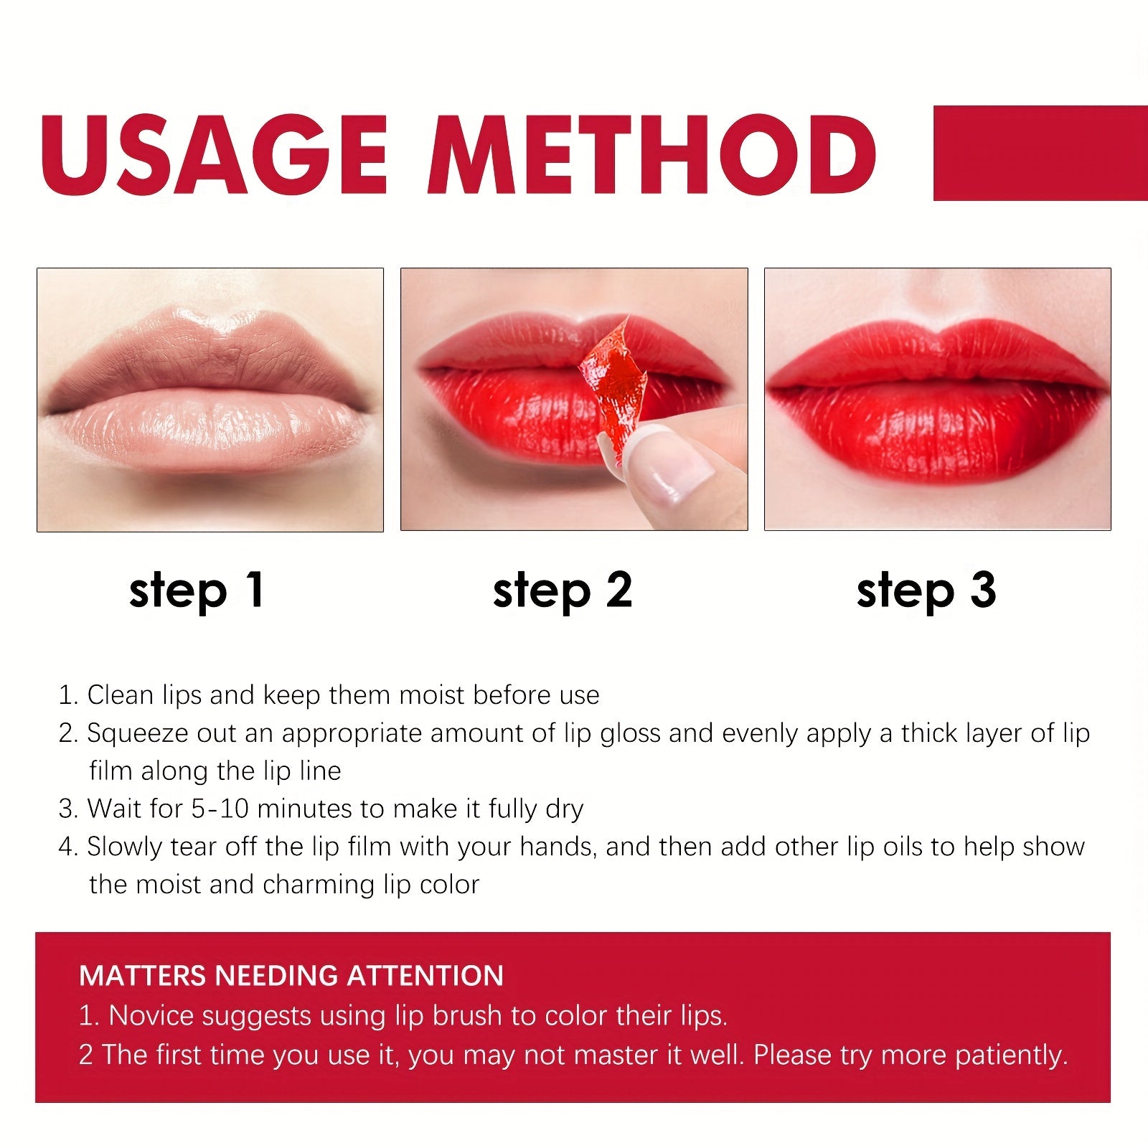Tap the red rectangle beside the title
point(1040,153)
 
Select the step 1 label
point(197,591)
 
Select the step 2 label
point(563,591)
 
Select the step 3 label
point(926,591)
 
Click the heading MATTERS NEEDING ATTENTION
point(291,976)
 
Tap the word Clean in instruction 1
point(120,695)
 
